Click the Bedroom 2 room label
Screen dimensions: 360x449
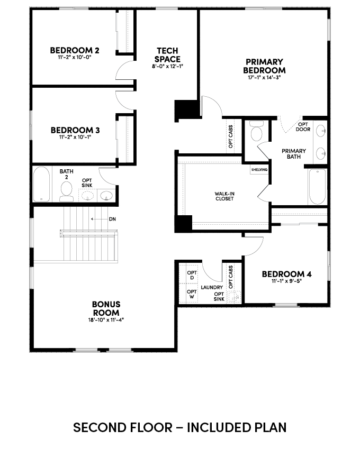75,50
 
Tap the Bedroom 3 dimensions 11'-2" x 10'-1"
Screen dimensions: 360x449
75,137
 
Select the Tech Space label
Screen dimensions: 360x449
167,55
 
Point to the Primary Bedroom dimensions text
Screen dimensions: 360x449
264,77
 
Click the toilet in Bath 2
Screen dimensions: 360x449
66,191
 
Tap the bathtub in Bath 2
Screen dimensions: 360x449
42,184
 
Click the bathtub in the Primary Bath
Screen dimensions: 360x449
317,186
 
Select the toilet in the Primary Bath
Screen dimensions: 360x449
256,131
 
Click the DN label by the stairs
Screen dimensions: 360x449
112,219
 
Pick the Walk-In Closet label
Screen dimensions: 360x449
224,196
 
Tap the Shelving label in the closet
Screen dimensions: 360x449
259,170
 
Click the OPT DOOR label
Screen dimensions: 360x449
303,127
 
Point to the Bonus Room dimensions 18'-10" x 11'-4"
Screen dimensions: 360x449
106,320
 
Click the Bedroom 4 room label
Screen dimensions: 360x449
286,274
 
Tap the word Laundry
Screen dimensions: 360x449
212,287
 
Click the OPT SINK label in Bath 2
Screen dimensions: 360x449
87,182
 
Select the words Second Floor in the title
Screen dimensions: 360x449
123,427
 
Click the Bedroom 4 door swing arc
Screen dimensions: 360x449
257,250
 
